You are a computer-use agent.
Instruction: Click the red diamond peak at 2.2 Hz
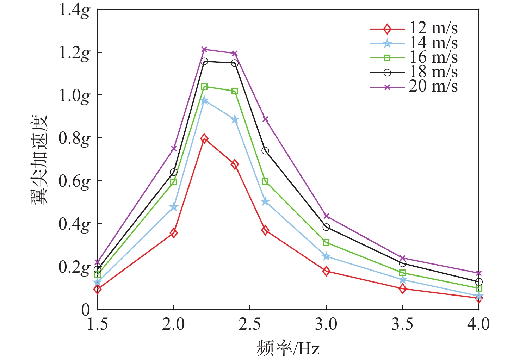(x=204, y=138)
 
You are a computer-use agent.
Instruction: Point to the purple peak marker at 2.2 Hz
(x=204, y=49)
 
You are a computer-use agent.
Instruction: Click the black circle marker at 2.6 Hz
(x=265, y=151)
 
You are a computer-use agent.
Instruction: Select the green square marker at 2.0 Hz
(x=173, y=182)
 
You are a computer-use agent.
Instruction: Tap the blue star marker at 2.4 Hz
(x=235, y=120)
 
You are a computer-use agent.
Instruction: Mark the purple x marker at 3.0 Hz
(x=326, y=216)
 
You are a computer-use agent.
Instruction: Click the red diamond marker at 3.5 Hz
(x=402, y=289)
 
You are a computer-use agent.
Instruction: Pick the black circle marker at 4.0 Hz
(x=479, y=282)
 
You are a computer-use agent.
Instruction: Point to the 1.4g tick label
(x=74, y=10)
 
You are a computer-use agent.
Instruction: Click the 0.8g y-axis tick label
(x=74, y=138)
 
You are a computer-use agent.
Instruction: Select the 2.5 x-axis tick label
(x=249, y=324)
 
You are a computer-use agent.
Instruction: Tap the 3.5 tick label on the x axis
(x=402, y=324)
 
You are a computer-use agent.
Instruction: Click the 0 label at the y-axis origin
(x=86, y=310)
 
